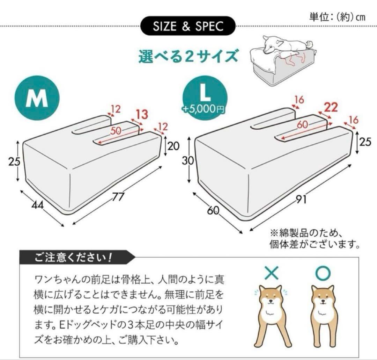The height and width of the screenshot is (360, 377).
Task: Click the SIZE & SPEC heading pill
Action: (188, 26)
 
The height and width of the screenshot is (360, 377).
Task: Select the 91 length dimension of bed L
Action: (301, 200)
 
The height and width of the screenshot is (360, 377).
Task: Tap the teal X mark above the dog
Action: (272, 273)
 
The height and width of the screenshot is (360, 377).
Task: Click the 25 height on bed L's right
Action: (365, 142)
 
